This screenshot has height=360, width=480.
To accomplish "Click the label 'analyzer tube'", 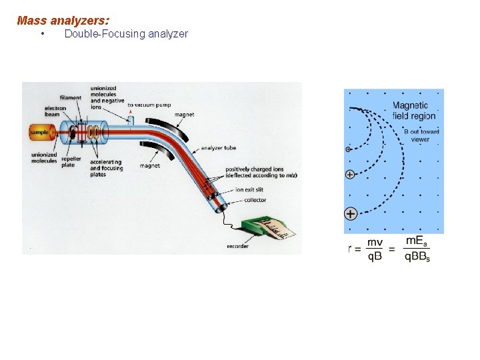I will pyautogui.click(x=218, y=148).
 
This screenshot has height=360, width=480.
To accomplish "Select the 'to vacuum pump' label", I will pyautogui.click(x=149, y=105).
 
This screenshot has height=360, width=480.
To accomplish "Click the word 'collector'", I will pyautogui.click(x=255, y=200).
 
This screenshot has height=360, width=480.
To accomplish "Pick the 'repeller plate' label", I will pyautogui.click(x=71, y=162).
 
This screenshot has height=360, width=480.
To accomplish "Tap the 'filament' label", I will pyautogui.click(x=70, y=98).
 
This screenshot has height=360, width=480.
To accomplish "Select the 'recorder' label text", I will pyautogui.click(x=238, y=246).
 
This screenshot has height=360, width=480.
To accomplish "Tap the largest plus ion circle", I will pyautogui.click(x=351, y=214).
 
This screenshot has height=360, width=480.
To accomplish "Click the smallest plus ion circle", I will pyautogui.click(x=348, y=149).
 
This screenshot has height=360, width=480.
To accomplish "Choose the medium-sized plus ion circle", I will pyautogui.click(x=349, y=175).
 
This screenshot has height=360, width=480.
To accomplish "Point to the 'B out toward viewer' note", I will pyautogui.click(x=421, y=135).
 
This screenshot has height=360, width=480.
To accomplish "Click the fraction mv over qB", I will pyautogui.click(x=375, y=250).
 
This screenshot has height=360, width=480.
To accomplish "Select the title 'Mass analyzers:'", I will pyautogui.click(x=63, y=21).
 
